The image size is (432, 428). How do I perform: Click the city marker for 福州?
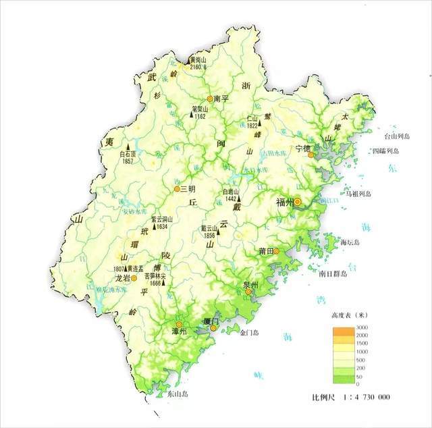(298, 201)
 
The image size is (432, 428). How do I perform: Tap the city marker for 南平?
(210, 98)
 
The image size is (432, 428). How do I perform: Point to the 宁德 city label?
(302, 148)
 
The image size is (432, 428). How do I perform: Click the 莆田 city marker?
(276, 251)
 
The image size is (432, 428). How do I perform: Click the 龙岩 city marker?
(134, 277)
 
